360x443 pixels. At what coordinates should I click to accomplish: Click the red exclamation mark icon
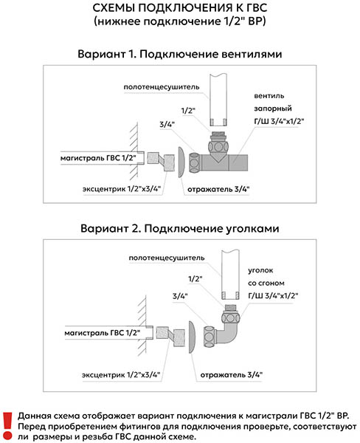[7, 426]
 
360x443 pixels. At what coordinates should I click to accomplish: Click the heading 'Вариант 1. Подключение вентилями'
[180, 54]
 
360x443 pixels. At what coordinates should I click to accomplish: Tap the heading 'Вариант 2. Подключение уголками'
[180, 228]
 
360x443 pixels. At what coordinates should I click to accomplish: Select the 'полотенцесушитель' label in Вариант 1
[162, 87]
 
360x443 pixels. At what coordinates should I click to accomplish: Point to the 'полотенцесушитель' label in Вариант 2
[167, 258]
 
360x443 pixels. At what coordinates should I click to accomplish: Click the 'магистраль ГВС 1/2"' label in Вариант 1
[98, 158]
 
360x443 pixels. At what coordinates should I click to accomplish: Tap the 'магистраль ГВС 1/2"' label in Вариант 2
[103, 333]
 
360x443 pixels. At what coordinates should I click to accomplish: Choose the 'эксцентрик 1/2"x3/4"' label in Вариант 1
[122, 189]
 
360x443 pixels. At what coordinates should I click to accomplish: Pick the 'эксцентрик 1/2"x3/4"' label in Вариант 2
[121, 375]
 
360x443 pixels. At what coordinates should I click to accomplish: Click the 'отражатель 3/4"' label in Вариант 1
[218, 189]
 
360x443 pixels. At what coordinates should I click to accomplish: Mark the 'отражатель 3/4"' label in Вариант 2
[232, 375]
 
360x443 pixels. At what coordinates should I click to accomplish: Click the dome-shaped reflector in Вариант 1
[181, 162]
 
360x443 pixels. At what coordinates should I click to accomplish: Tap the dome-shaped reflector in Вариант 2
[192, 337]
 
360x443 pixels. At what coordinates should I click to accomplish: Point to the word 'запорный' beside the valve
[273, 109]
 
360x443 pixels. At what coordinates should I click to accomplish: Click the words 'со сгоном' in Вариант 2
[266, 283]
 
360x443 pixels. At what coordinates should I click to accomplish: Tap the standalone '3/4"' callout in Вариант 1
[167, 124]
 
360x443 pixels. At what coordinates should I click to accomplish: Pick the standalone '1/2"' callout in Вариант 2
[195, 279]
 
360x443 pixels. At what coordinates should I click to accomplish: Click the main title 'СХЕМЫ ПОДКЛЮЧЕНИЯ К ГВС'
[180, 8]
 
